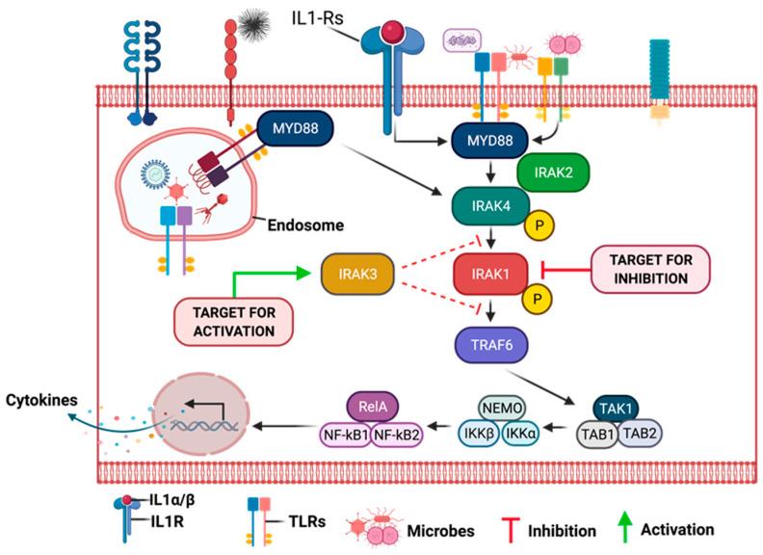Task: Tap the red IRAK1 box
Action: (x=491, y=277)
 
